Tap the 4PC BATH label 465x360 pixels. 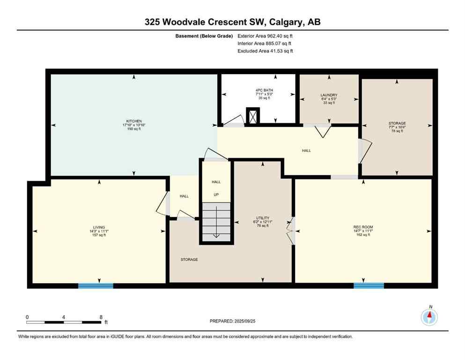(255, 90)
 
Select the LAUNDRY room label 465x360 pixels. (329, 95)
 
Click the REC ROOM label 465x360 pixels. (363, 227)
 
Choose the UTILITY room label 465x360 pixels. (262, 218)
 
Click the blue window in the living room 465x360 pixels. (96, 285)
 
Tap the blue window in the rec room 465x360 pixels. (369, 285)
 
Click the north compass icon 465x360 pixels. (429, 318)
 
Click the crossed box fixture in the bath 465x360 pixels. (253, 116)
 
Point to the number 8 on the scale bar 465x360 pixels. (101, 317)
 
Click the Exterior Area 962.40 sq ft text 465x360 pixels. (266, 36)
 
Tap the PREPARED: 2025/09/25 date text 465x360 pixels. (233, 321)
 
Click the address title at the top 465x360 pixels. (232, 22)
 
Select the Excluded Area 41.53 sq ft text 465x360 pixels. (266, 51)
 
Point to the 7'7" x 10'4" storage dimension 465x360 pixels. (397, 127)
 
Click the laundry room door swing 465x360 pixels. (321, 132)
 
